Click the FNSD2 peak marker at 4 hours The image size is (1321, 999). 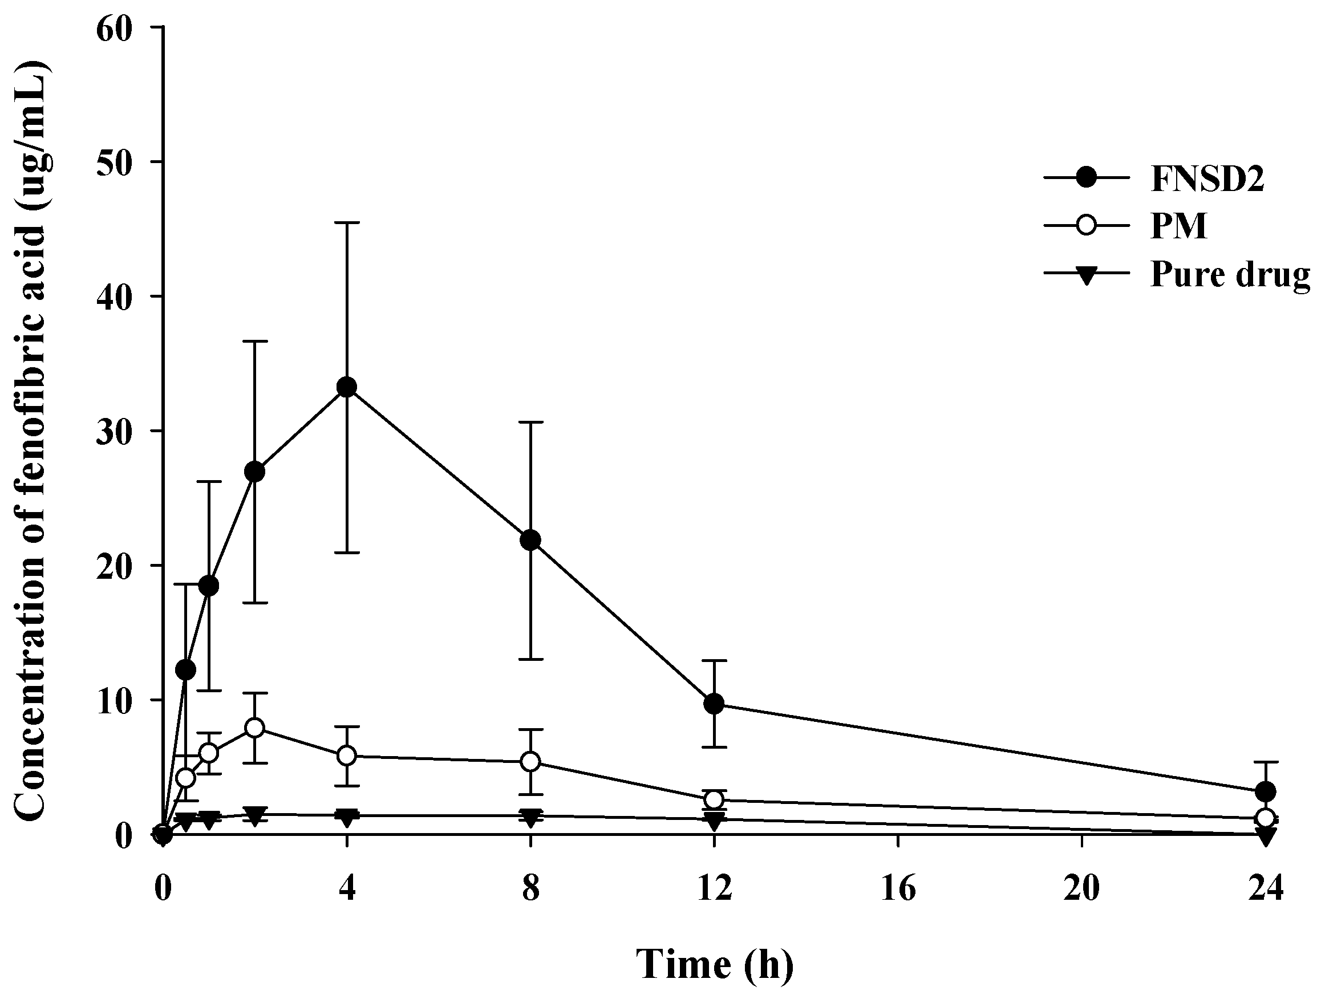(x=346, y=387)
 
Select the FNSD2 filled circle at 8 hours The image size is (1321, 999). (x=530, y=541)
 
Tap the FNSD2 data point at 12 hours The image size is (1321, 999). (x=714, y=704)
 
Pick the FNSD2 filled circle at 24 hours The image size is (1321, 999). (x=1266, y=792)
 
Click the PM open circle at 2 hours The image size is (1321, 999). (x=255, y=728)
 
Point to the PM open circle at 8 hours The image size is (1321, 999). (x=530, y=762)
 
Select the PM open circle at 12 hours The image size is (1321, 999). (x=714, y=799)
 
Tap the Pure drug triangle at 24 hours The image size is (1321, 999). (x=1266, y=835)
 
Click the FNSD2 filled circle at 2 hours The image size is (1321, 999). (x=255, y=472)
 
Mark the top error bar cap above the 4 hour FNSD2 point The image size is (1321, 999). (x=346, y=223)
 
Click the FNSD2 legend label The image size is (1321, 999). (x=1206, y=178)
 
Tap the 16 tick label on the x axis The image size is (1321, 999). (x=898, y=890)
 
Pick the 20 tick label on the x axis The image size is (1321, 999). (x=1081, y=890)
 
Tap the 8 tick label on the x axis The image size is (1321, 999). (x=530, y=890)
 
